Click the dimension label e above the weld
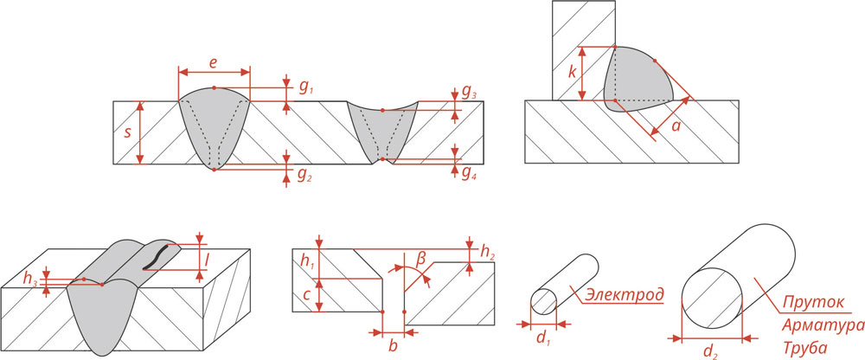pos(214,64)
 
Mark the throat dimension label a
pos(676,126)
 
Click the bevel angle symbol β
pos(421,259)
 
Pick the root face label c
pos(309,295)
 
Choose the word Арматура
pos(822,325)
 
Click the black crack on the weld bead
pos(157,256)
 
